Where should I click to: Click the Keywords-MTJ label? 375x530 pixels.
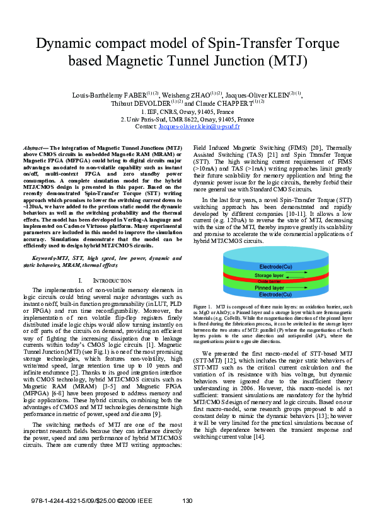(52, 258)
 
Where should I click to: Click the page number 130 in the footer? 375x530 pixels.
(187, 501)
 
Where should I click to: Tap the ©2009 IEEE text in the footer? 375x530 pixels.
(135, 501)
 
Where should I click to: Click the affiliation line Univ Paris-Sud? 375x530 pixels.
(187, 119)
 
